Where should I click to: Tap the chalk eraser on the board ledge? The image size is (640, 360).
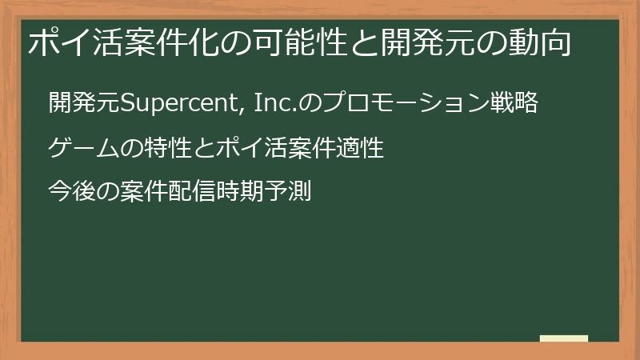point(563,338)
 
